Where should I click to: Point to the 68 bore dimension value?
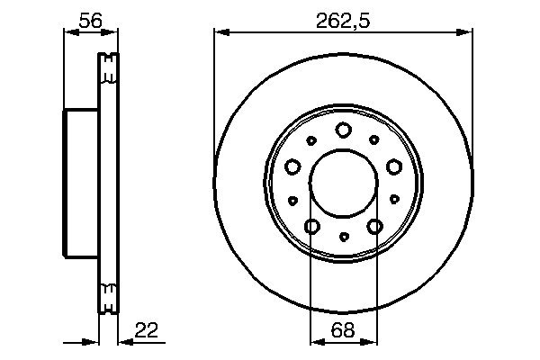[x=343, y=330]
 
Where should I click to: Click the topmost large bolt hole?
[x=343, y=130]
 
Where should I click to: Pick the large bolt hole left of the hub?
[x=292, y=166]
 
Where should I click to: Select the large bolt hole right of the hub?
[x=393, y=166]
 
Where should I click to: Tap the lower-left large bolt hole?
[x=312, y=226]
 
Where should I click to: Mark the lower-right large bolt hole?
[x=374, y=226]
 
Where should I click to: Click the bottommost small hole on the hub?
[x=343, y=237]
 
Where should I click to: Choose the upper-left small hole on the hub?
[x=311, y=139]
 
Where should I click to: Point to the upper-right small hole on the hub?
[x=374, y=139]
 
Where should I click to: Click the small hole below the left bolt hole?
[x=292, y=200]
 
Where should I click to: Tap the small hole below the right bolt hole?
[x=394, y=200]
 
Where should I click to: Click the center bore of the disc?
[x=343, y=184]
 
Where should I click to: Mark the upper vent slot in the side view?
[x=108, y=66]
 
